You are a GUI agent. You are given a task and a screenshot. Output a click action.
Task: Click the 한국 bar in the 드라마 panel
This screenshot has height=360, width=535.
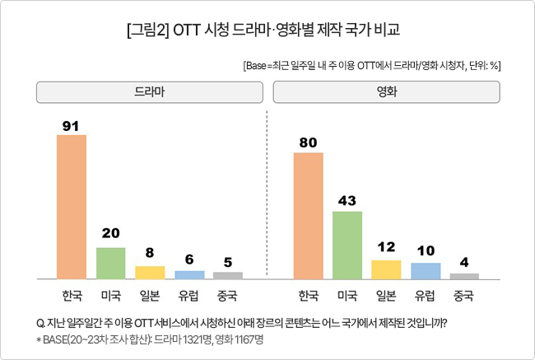(71, 206)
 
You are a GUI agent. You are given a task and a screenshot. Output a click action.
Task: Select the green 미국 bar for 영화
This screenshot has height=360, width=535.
(347, 245)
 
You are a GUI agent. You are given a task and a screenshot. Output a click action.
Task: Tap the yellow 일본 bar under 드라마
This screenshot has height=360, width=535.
(150, 272)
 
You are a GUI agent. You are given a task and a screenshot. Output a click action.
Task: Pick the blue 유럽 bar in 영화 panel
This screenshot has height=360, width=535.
(426, 271)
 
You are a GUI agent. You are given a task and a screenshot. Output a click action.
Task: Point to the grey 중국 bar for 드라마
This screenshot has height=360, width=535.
(228, 274)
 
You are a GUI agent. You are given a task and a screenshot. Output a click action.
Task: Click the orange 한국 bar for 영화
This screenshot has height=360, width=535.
(308, 216)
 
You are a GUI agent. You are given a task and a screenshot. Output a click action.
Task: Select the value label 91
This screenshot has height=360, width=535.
(71, 125)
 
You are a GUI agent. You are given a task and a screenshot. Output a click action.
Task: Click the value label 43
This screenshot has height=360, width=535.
(347, 201)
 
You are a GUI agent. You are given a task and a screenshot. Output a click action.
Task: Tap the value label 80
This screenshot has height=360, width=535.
(308, 143)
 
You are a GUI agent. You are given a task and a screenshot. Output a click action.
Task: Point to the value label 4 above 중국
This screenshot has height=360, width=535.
(464, 263)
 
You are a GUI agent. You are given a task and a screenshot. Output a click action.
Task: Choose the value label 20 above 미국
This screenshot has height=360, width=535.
(110, 234)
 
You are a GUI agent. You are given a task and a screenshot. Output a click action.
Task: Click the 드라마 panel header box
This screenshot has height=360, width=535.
(149, 92)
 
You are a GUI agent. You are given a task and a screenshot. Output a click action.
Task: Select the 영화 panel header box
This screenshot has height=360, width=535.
(387, 92)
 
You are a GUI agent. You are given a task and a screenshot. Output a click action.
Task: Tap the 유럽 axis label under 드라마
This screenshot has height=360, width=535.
(188, 294)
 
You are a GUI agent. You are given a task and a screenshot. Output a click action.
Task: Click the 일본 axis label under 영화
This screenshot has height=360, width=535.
(386, 294)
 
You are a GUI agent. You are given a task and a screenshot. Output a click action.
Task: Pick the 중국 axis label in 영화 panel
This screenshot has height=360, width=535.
(464, 294)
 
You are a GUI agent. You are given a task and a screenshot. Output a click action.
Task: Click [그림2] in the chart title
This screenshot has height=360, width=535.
(149, 30)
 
